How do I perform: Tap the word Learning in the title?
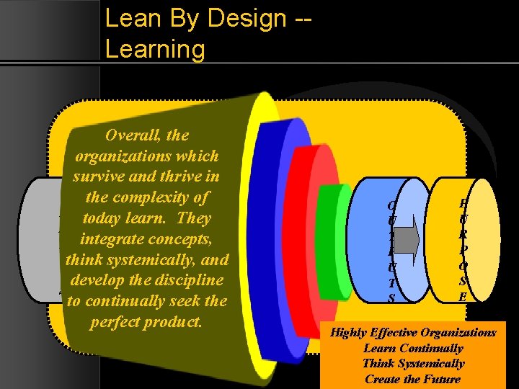(x=155, y=49)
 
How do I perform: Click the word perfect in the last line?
(x=118, y=322)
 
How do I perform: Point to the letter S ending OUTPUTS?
(x=391, y=298)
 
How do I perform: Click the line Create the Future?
(x=412, y=379)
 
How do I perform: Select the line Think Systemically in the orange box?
(x=413, y=364)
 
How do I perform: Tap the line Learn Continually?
(x=413, y=348)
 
